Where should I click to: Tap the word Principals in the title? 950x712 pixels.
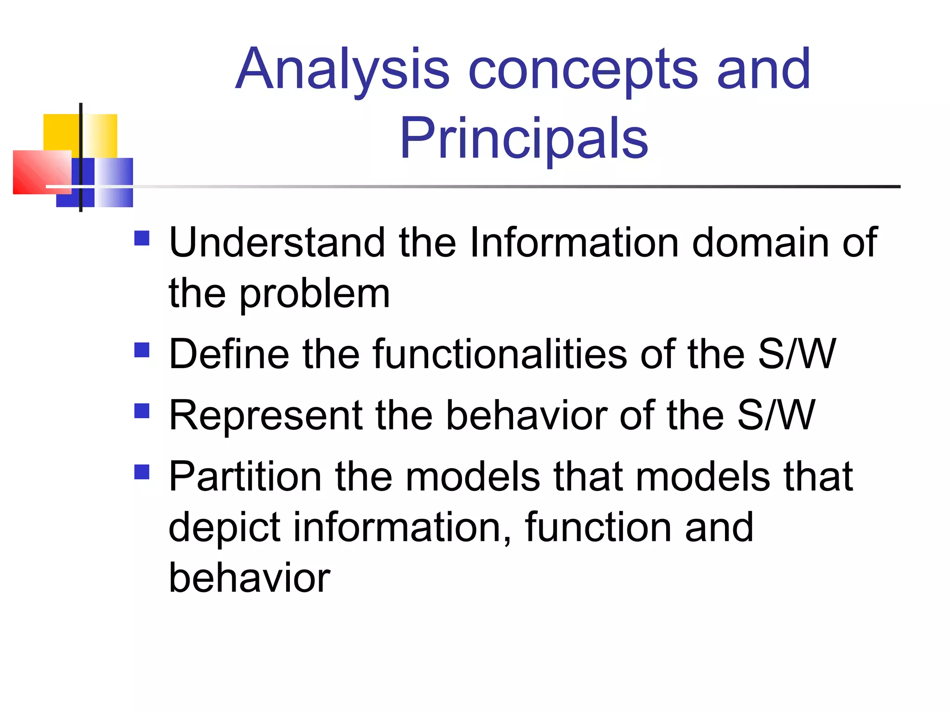click(524, 138)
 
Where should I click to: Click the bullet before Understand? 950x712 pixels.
click(142, 238)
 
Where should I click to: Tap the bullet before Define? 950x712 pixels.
click(142, 350)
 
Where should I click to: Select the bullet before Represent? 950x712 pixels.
click(142, 411)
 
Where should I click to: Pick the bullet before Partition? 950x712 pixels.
click(142, 472)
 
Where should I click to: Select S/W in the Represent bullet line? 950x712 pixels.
click(776, 415)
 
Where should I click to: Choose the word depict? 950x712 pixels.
click(224, 528)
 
